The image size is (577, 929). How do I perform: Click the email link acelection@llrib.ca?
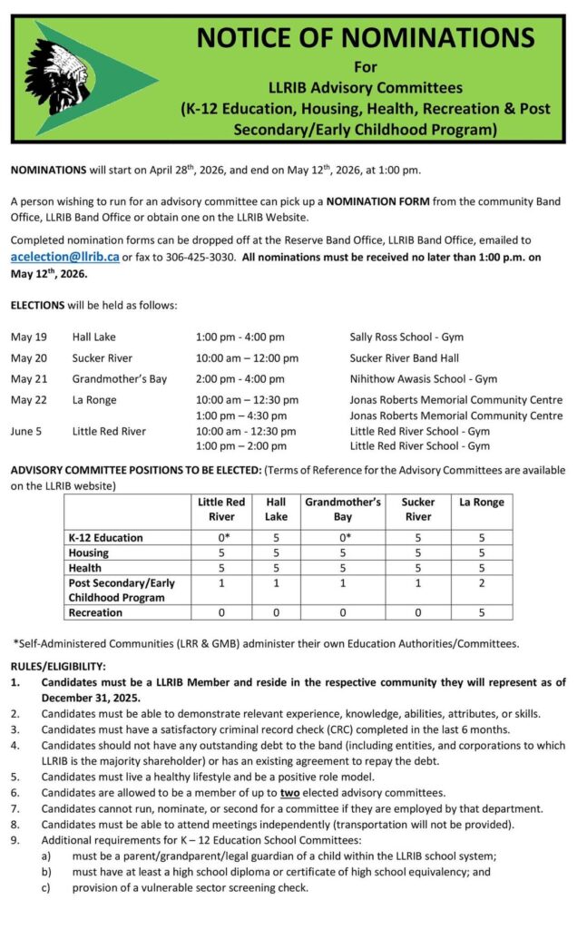(x=64, y=257)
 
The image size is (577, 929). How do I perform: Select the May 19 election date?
(x=29, y=337)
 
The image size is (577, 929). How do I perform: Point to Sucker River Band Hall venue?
(x=404, y=358)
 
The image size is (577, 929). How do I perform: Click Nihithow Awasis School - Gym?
(x=423, y=379)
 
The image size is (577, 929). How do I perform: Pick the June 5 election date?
(x=29, y=431)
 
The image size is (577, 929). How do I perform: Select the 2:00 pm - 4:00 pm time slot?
(x=240, y=379)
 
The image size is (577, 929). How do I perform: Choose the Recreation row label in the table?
(x=95, y=612)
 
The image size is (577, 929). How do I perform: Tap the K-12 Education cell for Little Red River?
(x=221, y=537)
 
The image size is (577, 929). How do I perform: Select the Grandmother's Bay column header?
(x=342, y=509)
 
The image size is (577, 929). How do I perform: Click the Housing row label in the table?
(x=88, y=553)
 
